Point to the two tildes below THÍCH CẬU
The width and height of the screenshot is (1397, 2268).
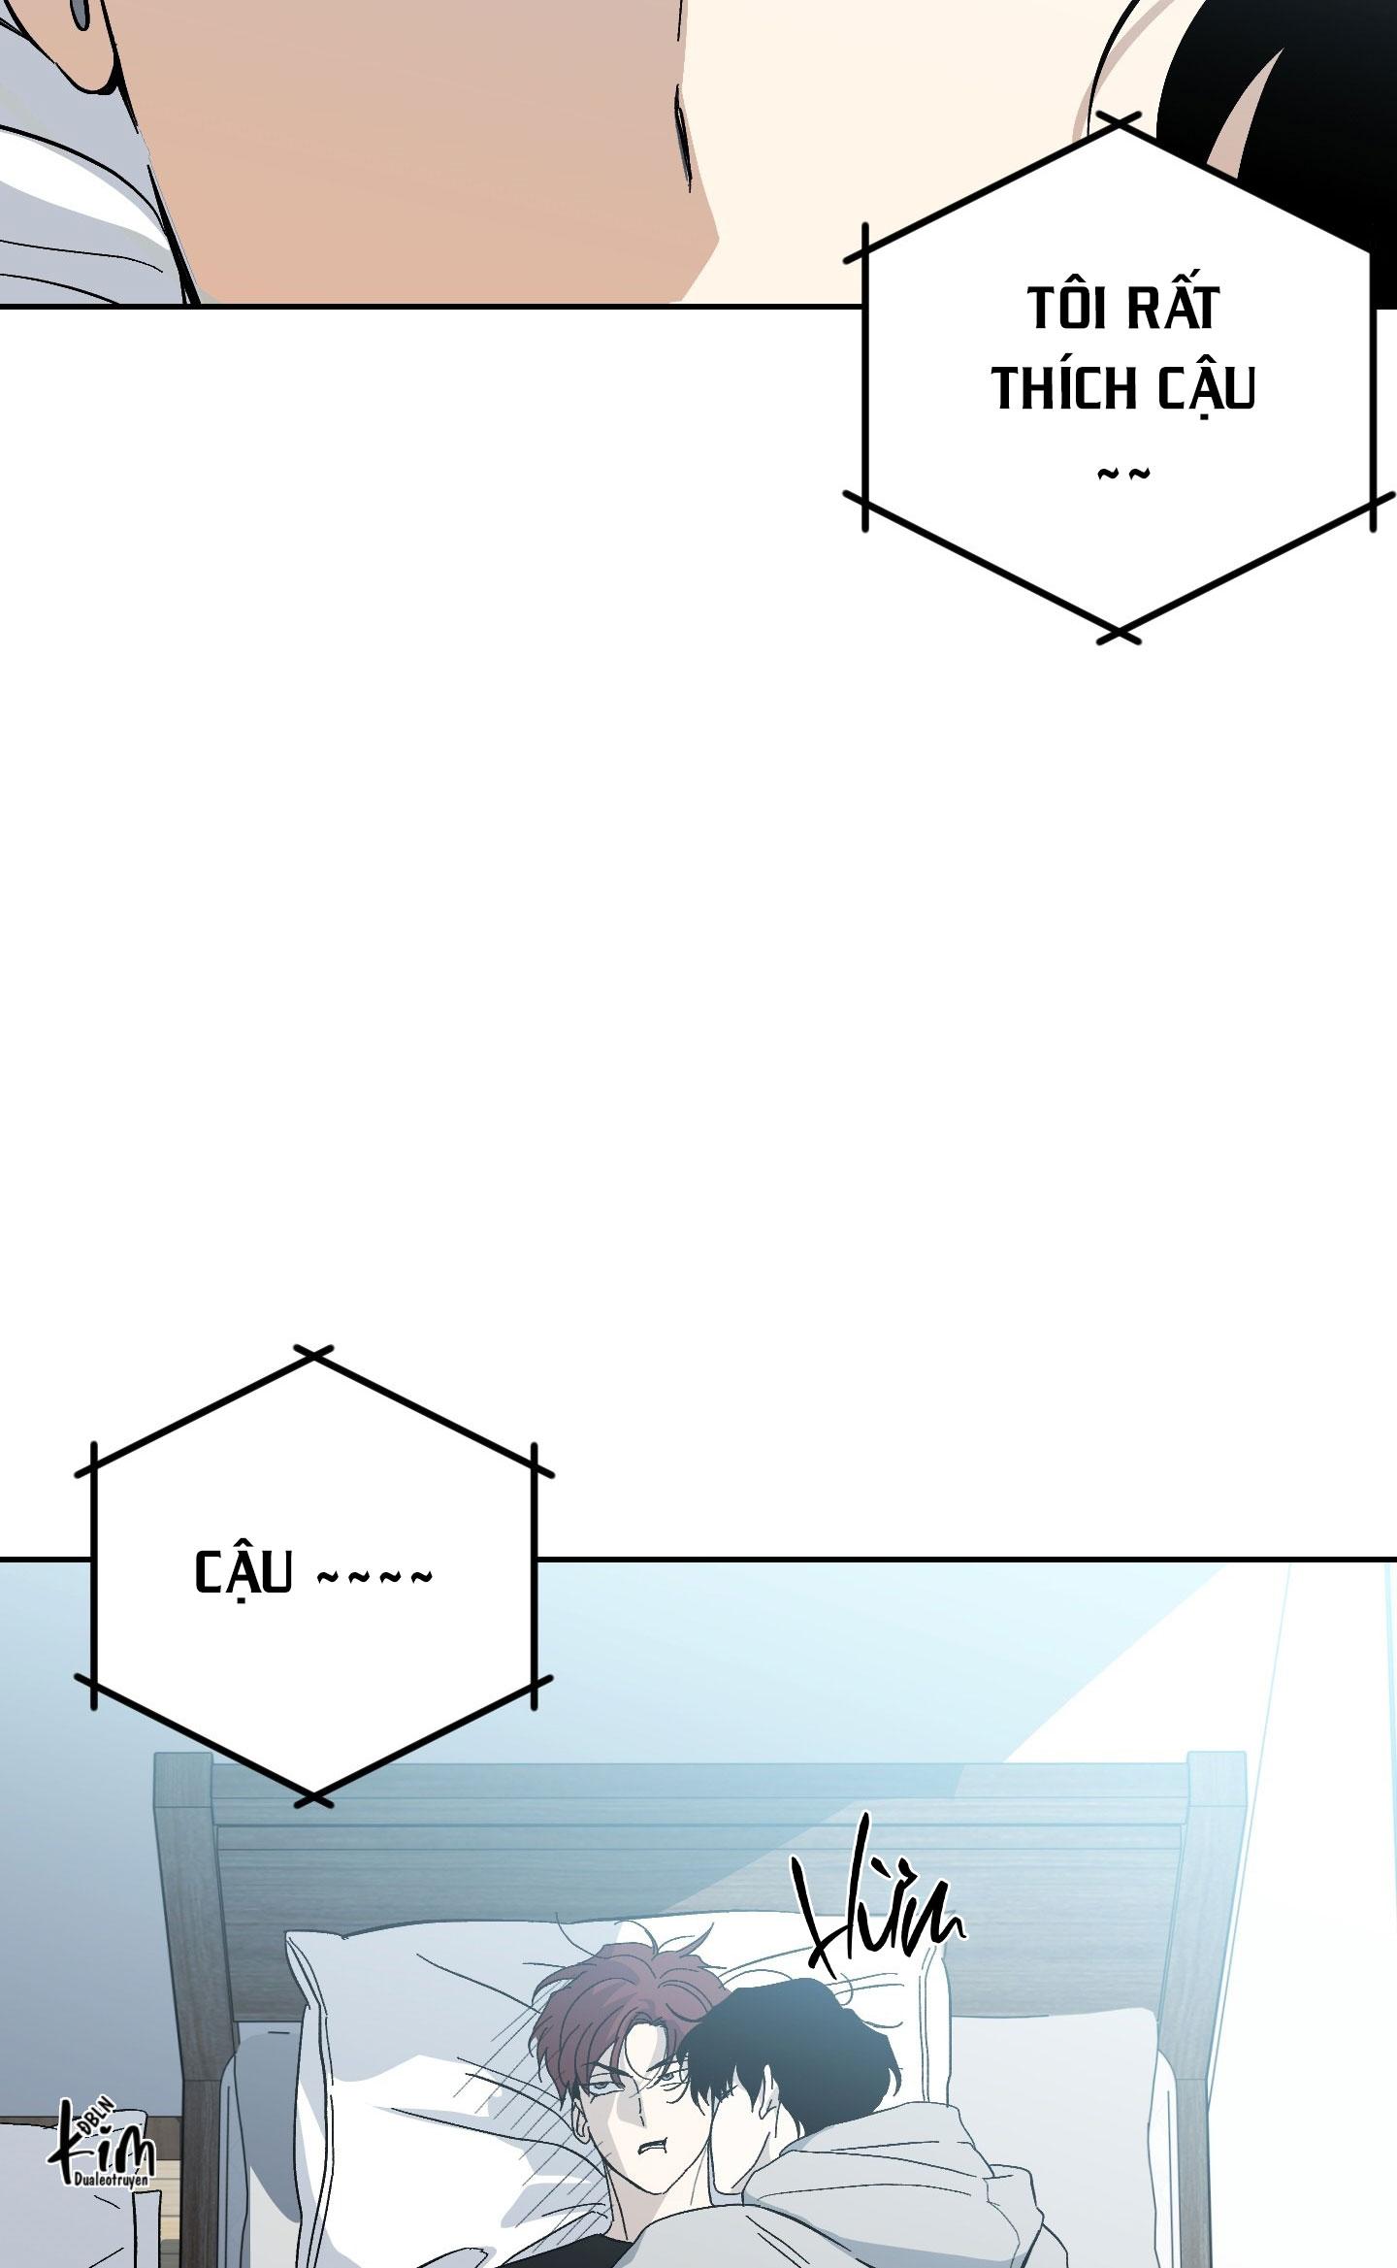coord(1122,475)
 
